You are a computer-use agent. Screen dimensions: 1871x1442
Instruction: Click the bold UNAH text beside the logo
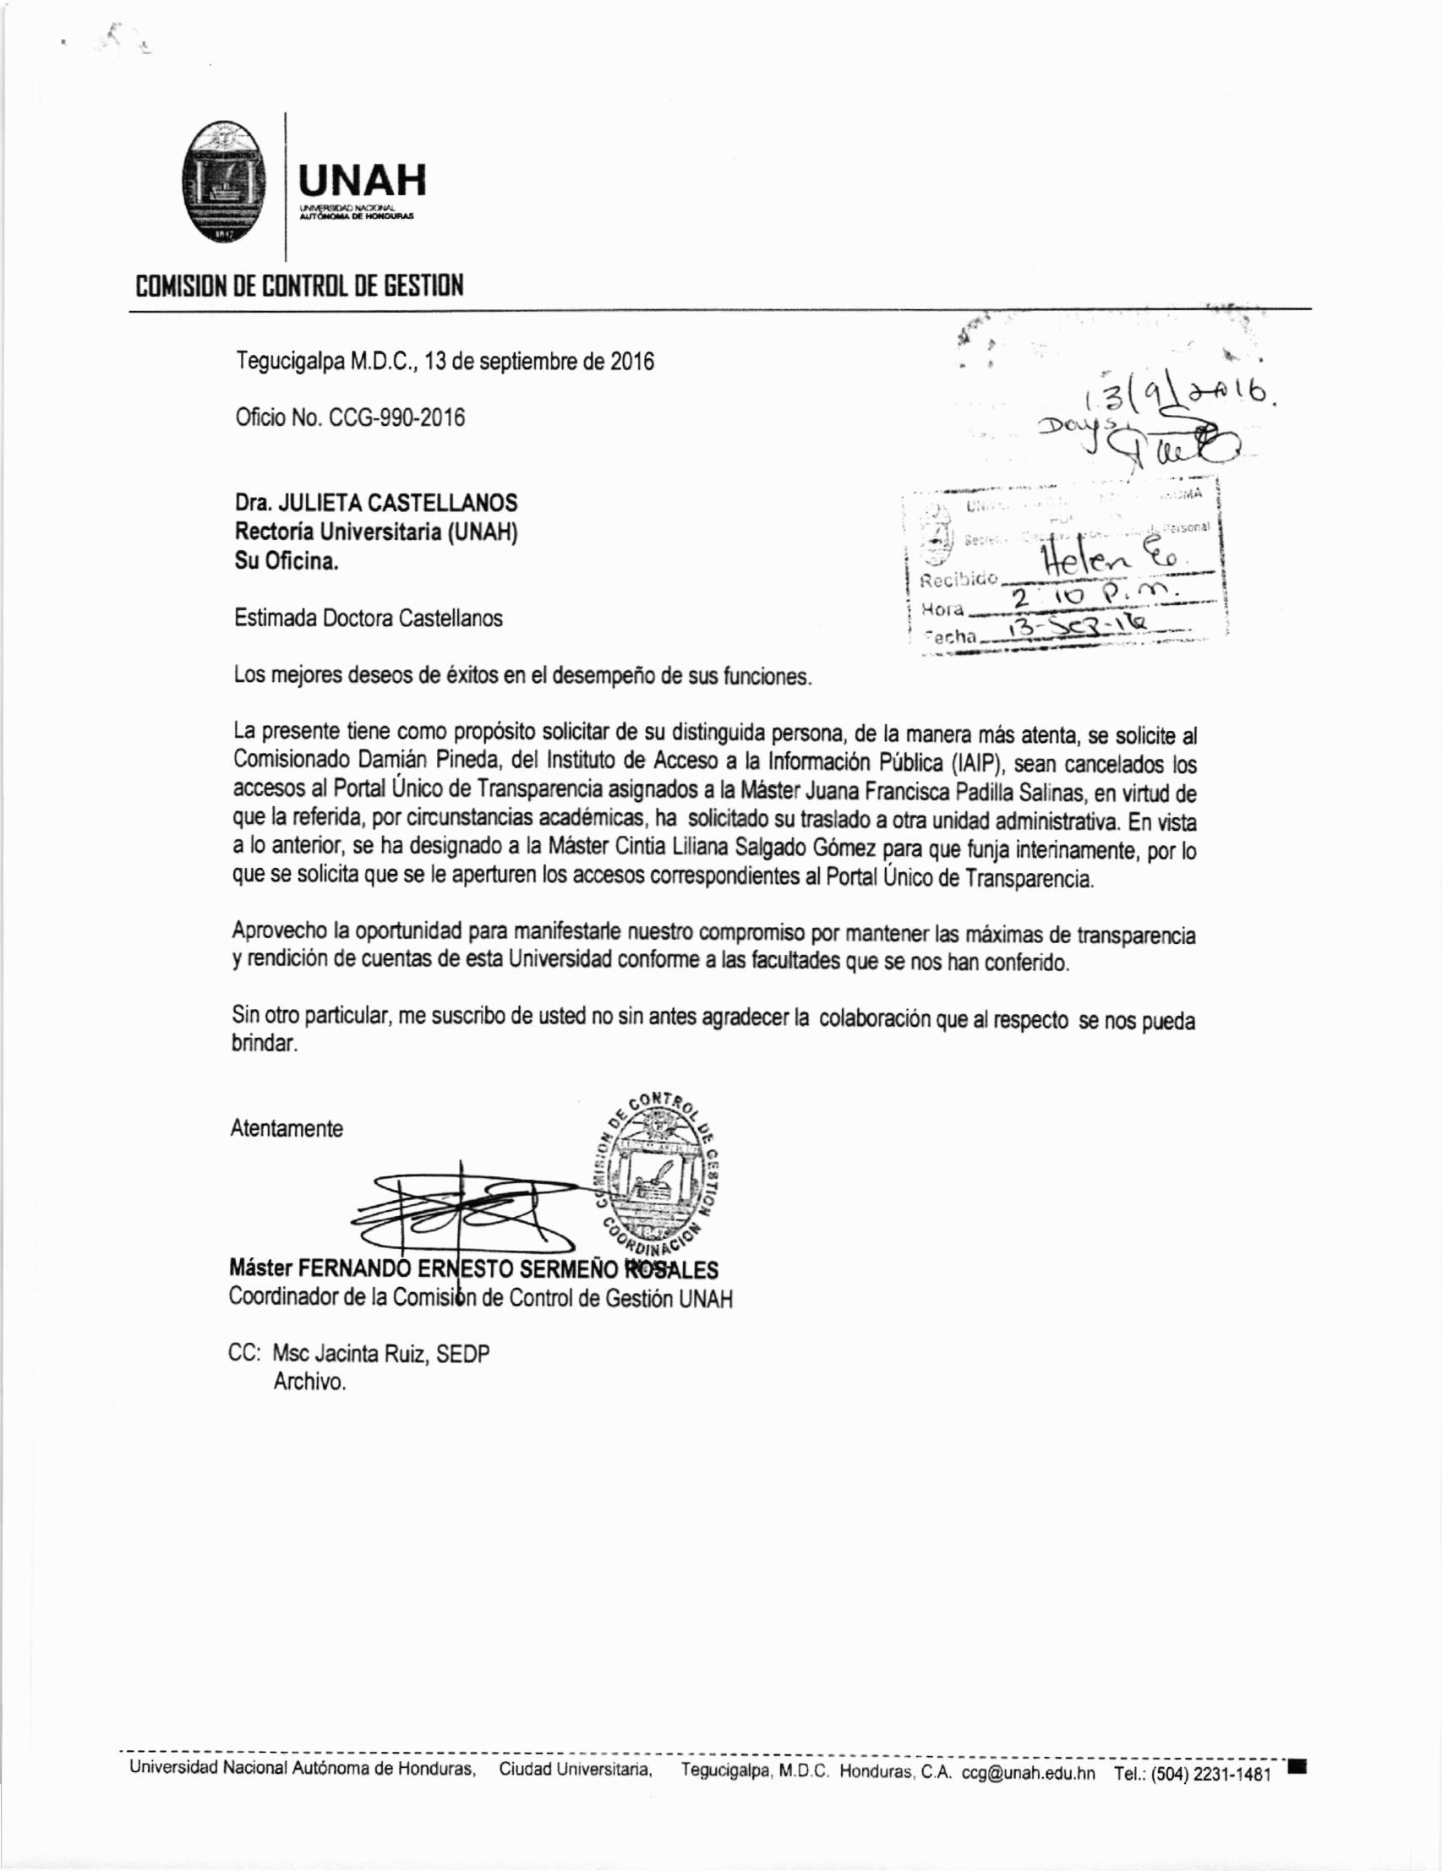click(x=361, y=181)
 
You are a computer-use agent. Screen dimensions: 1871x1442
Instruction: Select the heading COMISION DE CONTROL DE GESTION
click(x=300, y=286)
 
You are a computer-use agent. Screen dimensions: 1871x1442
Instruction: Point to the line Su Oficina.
click(x=287, y=562)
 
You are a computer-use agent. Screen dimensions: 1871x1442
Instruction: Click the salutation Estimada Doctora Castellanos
click(x=369, y=619)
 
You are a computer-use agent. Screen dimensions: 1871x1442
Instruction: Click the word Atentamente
click(x=287, y=1128)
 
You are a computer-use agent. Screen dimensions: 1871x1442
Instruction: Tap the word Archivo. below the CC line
click(x=309, y=1382)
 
